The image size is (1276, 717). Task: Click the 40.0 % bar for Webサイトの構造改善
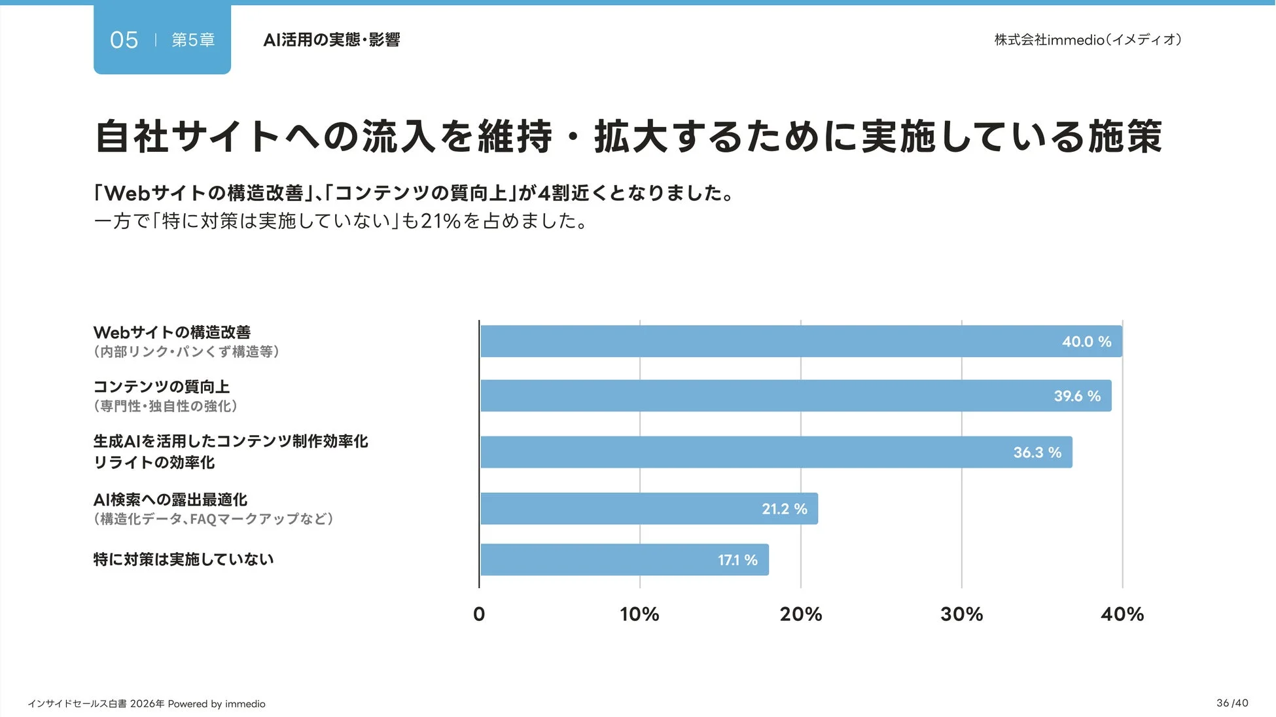801,341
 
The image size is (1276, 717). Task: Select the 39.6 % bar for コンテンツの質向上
796,396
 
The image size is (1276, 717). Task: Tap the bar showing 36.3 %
776,452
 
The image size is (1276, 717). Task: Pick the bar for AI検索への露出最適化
649,508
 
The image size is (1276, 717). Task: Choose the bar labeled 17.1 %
624,560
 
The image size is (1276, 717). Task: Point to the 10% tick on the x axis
639,614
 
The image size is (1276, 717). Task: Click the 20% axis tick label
800,614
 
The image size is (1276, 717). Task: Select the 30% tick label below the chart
961,614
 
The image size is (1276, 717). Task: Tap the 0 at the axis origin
479,614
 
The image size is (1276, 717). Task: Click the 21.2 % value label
784,509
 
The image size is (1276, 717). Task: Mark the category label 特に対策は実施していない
183,559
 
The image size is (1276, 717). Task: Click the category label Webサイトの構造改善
172,332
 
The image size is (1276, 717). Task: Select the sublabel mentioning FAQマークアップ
214,519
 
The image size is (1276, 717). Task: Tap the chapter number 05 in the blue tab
124,40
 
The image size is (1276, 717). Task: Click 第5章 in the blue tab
193,40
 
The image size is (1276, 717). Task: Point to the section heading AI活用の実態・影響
331,40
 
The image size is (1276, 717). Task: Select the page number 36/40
1232,703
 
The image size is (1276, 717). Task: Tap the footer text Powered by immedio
217,704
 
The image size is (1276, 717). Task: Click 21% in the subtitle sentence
440,221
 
